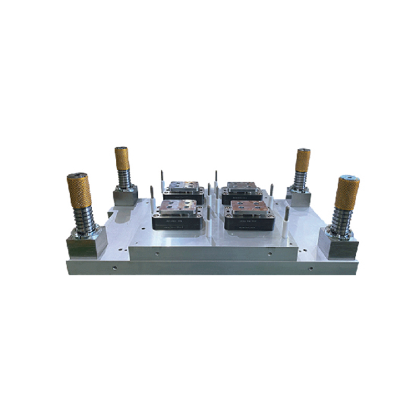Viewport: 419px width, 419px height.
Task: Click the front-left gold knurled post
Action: (x=79, y=191)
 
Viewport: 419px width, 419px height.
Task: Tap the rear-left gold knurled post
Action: (x=122, y=159)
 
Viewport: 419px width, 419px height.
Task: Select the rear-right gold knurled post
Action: (x=302, y=160)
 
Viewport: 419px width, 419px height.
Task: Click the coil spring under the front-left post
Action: (x=84, y=220)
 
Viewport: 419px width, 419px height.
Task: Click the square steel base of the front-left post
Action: (x=85, y=245)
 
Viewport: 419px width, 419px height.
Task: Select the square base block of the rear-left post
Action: (x=125, y=196)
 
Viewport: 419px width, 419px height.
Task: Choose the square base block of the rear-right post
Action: (x=299, y=197)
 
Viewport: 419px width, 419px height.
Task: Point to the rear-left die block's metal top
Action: (x=183, y=186)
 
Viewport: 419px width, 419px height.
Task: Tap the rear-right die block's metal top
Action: (x=241, y=186)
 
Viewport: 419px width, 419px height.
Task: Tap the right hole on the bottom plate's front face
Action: (x=311, y=268)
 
